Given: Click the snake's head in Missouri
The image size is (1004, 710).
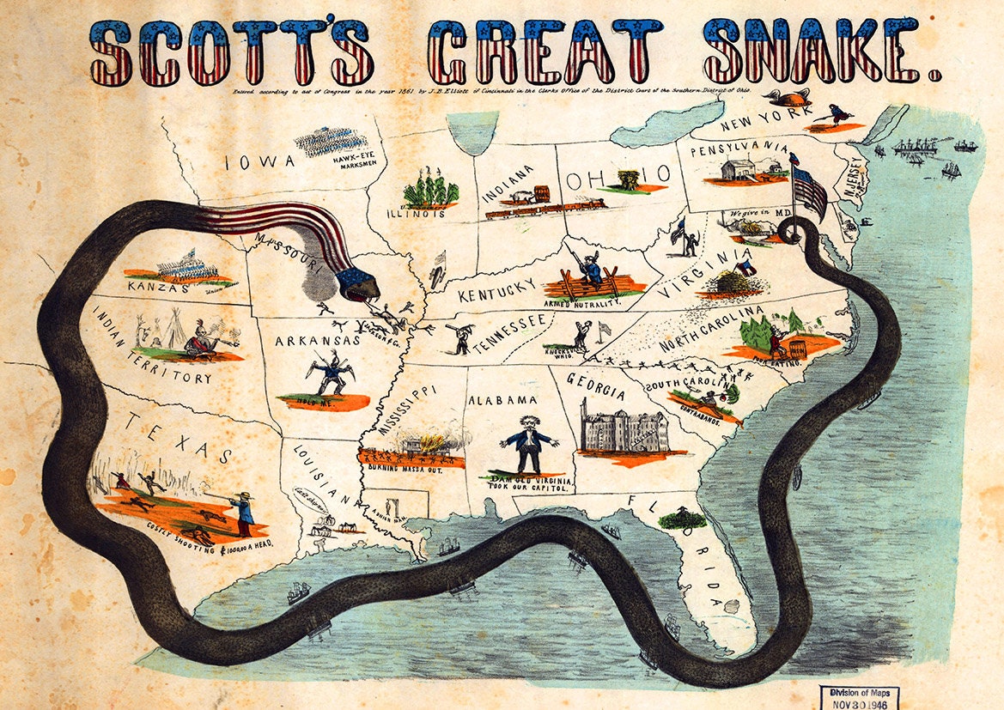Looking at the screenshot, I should pos(356,284).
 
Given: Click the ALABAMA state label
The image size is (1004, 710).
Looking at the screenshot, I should pos(502,399).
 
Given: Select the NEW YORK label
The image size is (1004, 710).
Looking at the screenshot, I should pos(755,125).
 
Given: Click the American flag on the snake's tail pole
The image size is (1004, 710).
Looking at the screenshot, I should pos(809,191).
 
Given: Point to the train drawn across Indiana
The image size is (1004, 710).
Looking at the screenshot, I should pos(541,204).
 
